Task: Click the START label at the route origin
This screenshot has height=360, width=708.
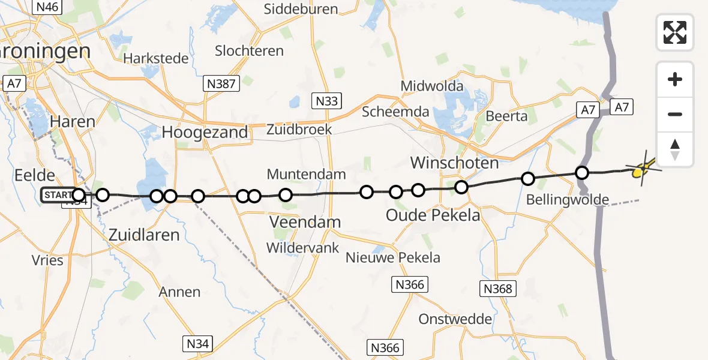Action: coord(56,195)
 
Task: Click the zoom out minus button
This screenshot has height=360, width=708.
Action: coord(675,115)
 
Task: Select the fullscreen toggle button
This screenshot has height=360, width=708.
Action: coord(675,32)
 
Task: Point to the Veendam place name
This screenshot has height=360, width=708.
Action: coord(305,222)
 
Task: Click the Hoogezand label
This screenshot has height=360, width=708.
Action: coord(205,132)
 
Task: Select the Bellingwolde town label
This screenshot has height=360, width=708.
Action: coord(567,199)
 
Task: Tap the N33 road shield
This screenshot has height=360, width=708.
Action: coord(326,100)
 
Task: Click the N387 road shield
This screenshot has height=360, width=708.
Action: coord(220,83)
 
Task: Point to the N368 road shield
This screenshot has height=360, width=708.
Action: coord(499,289)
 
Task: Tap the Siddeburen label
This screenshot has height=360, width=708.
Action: coord(301,9)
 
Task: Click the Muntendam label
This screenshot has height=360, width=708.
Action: coord(307,175)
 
